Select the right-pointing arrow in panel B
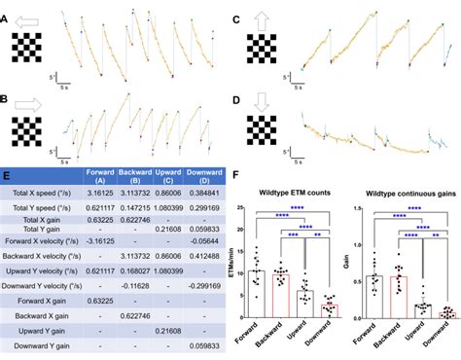26,100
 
